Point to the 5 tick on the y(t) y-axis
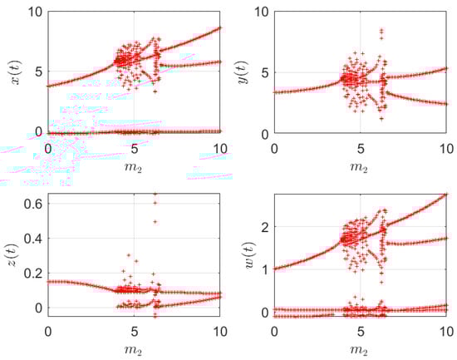(263, 72)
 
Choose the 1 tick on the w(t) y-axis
(263, 269)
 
